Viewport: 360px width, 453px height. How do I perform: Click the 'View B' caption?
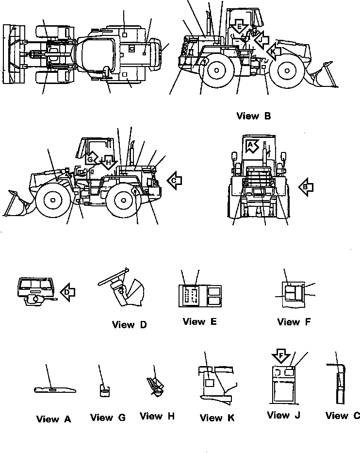tap(253, 116)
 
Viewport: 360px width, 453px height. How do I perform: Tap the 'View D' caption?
tap(129, 325)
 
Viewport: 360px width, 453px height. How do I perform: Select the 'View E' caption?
tap(200, 321)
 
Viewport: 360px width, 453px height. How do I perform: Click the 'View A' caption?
tap(53, 419)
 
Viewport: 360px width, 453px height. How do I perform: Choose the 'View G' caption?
tap(108, 418)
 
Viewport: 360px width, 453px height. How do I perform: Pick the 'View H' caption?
tap(158, 416)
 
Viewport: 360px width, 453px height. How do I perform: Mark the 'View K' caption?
tap(217, 418)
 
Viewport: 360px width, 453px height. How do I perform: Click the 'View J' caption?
tap(285, 415)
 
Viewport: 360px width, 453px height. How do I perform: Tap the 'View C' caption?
tap(343, 416)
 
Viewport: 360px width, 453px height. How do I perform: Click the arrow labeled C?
tap(174, 180)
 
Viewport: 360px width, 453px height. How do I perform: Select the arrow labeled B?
tap(306, 186)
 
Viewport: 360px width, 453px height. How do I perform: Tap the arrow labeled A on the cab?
tap(252, 145)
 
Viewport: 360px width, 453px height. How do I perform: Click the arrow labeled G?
tap(91, 159)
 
